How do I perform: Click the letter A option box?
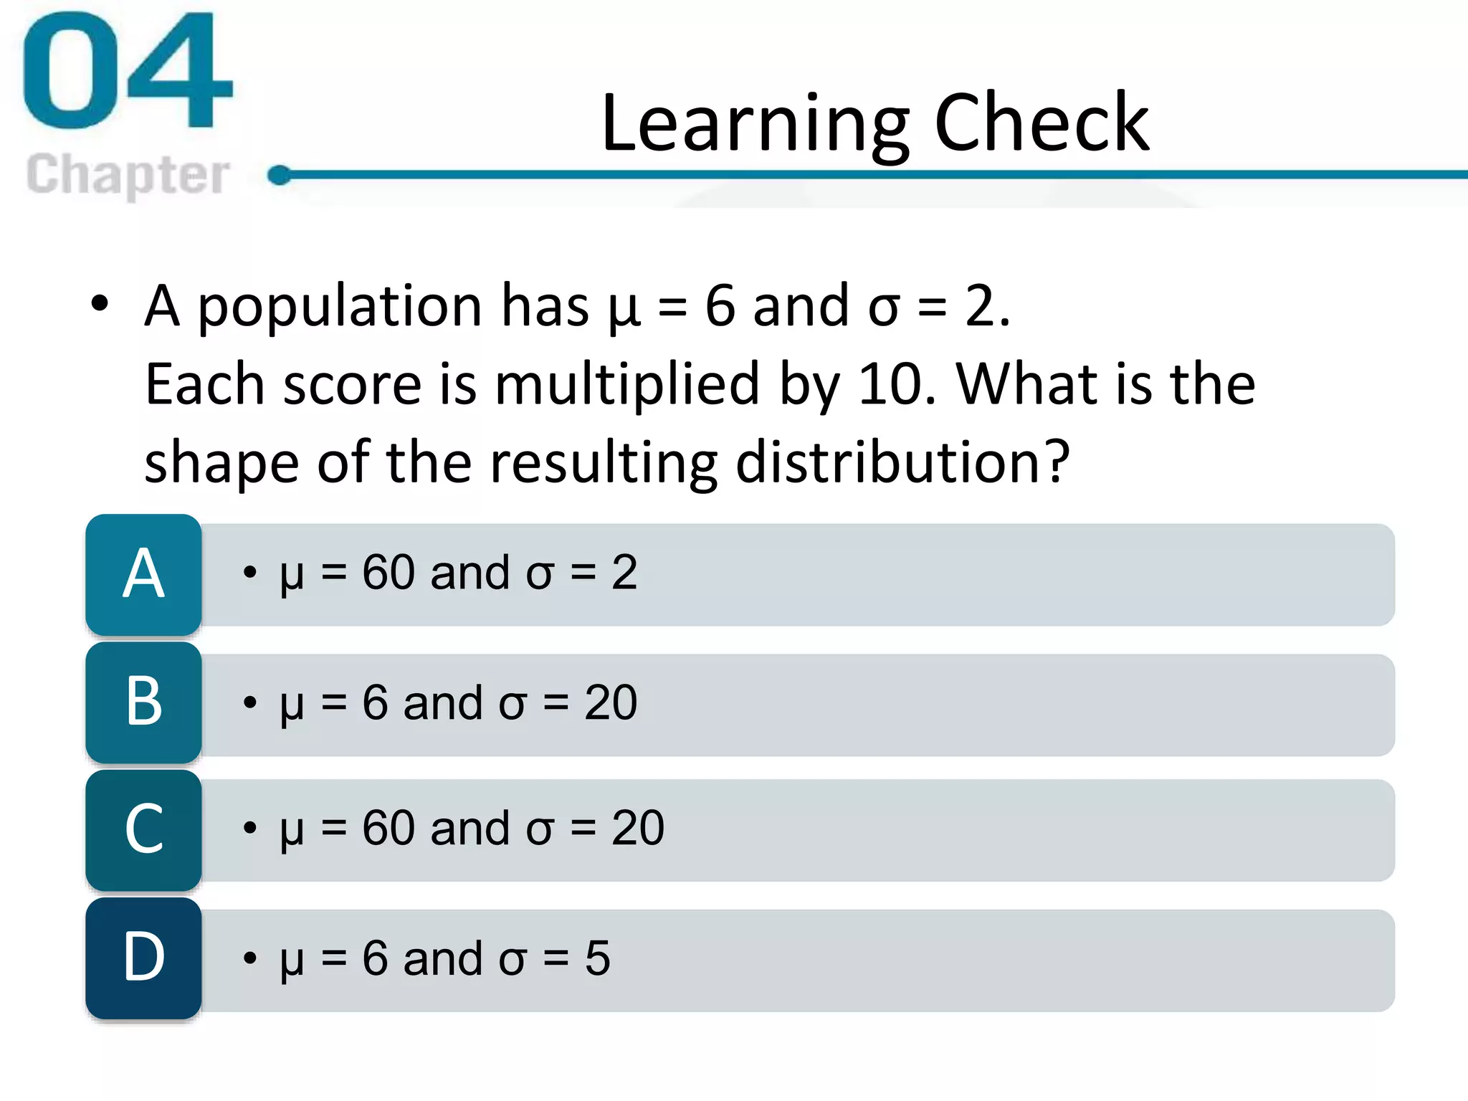[x=143, y=574]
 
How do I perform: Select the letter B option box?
[x=143, y=702]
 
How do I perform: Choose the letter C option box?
[x=143, y=830]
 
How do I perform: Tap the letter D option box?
[x=143, y=958]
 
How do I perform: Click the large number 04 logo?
[x=128, y=72]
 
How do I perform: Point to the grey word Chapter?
[x=128, y=175]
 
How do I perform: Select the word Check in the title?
[x=1042, y=123]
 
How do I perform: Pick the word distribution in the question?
[x=903, y=462]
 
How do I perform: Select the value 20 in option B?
[x=611, y=703]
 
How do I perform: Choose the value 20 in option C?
[x=638, y=829]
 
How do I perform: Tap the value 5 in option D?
[x=597, y=958]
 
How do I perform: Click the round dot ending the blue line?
[x=280, y=175]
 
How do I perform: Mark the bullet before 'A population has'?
[x=100, y=304]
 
